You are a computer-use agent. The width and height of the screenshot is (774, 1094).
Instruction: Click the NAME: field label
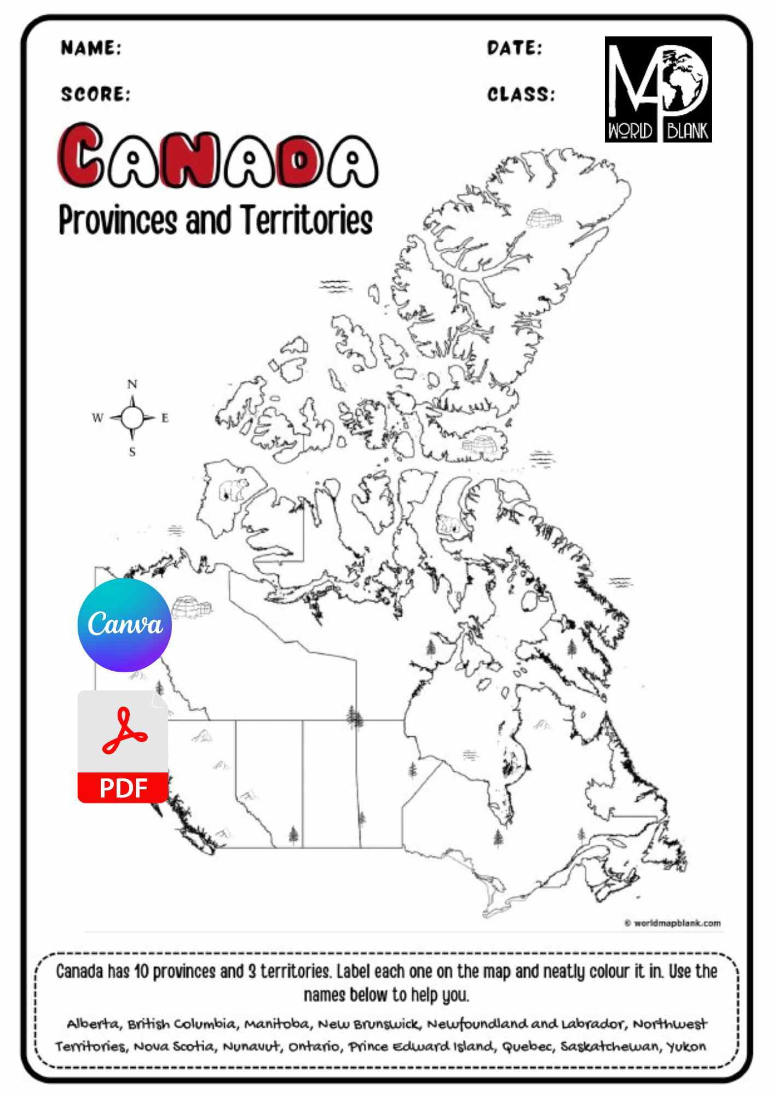pyautogui.click(x=91, y=48)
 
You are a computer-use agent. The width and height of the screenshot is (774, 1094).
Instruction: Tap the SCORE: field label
pyautogui.click(x=96, y=95)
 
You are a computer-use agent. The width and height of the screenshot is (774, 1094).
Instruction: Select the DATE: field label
pyautogui.click(x=515, y=48)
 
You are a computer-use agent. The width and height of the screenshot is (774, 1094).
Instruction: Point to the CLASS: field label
pyautogui.click(x=521, y=95)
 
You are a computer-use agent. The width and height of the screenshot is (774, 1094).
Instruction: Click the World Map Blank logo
pyautogui.click(x=658, y=89)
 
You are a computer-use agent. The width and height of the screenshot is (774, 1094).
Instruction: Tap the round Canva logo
pyautogui.click(x=125, y=625)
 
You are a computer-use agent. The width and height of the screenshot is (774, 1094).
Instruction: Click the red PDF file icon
pyautogui.click(x=123, y=747)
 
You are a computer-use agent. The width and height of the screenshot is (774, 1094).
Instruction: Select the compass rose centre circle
pyautogui.click(x=132, y=418)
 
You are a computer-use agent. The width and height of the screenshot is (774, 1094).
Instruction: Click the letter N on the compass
pyautogui.click(x=132, y=385)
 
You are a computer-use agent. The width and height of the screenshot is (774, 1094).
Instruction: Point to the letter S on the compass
pyautogui.click(x=132, y=452)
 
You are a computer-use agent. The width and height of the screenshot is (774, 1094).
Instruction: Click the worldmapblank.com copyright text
pyautogui.click(x=673, y=923)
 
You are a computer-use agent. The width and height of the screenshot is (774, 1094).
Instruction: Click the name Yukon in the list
pyautogui.click(x=686, y=1046)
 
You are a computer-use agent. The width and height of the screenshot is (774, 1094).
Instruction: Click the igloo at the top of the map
pyautogui.click(x=544, y=218)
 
